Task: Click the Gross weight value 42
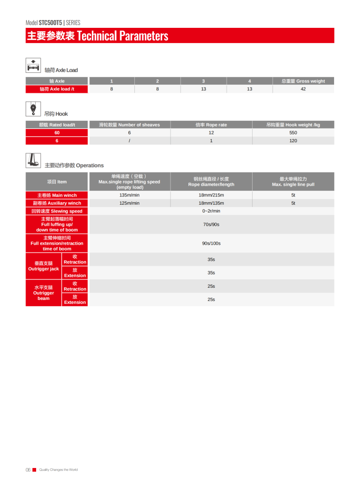(303, 89)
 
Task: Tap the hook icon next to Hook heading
(33, 108)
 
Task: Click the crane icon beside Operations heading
(33, 160)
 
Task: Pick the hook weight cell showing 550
(293, 133)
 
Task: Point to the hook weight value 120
(293, 141)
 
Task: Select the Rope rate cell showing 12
(211, 133)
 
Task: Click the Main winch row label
(57, 195)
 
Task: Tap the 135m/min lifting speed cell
(129, 195)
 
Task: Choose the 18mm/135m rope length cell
(211, 203)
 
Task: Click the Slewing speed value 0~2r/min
(211, 211)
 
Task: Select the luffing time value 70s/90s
(211, 224)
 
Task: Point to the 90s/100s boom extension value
(211, 243)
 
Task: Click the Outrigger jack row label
(43, 266)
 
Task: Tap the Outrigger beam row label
(43, 293)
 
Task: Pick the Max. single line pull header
(293, 182)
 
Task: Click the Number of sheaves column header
(129, 125)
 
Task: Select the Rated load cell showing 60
(57, 133)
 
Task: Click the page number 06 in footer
(28, 470)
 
